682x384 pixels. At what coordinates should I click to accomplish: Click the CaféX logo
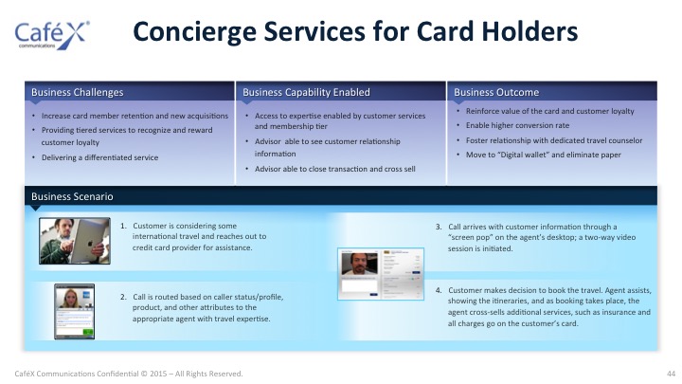[x=52, y=35]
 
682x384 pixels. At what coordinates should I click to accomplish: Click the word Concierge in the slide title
[x=194, y=32]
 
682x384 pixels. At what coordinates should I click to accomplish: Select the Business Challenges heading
[x=78, y=92]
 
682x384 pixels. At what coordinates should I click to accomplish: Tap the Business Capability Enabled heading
[x=306, y=92]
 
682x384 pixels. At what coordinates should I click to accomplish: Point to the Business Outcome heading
[x=496, y=92]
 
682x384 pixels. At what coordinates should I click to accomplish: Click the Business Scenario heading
[x=72, y=196]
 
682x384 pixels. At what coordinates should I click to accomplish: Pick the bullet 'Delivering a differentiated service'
[x=99, y=157]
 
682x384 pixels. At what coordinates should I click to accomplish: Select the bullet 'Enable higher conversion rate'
[x=517, y=125]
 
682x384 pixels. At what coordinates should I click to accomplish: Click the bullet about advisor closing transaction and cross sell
[x=335, y=169]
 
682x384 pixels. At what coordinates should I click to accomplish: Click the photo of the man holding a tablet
[x=75, y=241]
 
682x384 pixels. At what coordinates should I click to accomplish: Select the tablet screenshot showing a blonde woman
[x=75, y=311]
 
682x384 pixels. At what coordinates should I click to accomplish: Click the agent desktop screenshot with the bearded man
[x=381, y=274]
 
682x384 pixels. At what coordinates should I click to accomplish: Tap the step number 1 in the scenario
[x=123, y=226]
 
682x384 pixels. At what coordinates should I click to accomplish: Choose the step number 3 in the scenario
[x=439, y=227]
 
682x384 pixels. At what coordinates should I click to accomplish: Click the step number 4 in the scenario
[x=439, y=290]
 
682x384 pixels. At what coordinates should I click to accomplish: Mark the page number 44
[x=672, y=374]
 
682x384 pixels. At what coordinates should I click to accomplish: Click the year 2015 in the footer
[x=158, y=374]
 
